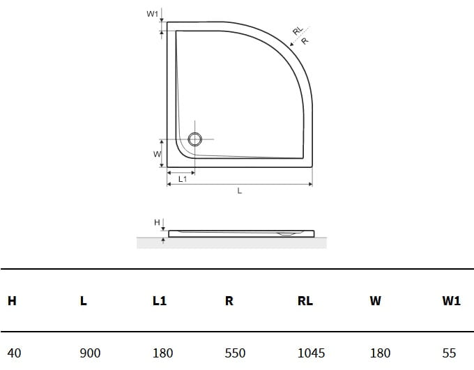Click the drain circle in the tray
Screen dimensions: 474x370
coord(194,139)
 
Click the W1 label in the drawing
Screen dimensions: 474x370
coord(153,14)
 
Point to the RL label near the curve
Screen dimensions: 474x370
coord(298,31)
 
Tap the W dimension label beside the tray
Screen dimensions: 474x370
coord(158,154)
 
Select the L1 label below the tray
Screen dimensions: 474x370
coord(183,179)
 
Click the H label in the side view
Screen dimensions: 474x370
coord(157,222)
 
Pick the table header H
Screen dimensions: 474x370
coord(12,301)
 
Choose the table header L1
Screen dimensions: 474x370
coord(160,301)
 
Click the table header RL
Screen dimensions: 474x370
coord(305,301)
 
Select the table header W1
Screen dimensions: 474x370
coord(451,301)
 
